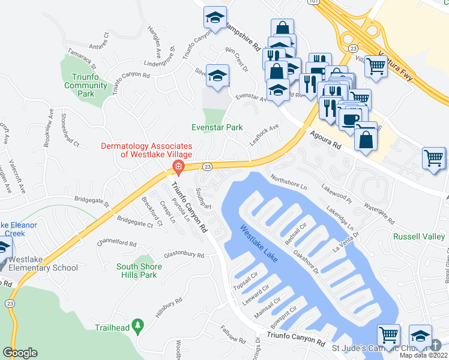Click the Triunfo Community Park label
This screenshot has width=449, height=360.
(86, 85)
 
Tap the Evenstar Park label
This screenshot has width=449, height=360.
(217, 127)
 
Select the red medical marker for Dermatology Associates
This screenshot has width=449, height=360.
(178, 166)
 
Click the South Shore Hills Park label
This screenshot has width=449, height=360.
(137, 271)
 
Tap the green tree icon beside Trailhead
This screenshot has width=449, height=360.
(139, 326)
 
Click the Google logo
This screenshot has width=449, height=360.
(20, 353)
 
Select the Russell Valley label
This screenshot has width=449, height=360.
(418, 236)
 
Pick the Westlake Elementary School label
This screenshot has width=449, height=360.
(39, 264)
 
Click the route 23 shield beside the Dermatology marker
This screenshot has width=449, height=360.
(207, 166)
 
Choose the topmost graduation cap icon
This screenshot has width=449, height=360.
(214, 18)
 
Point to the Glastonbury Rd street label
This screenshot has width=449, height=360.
(172, 254)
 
